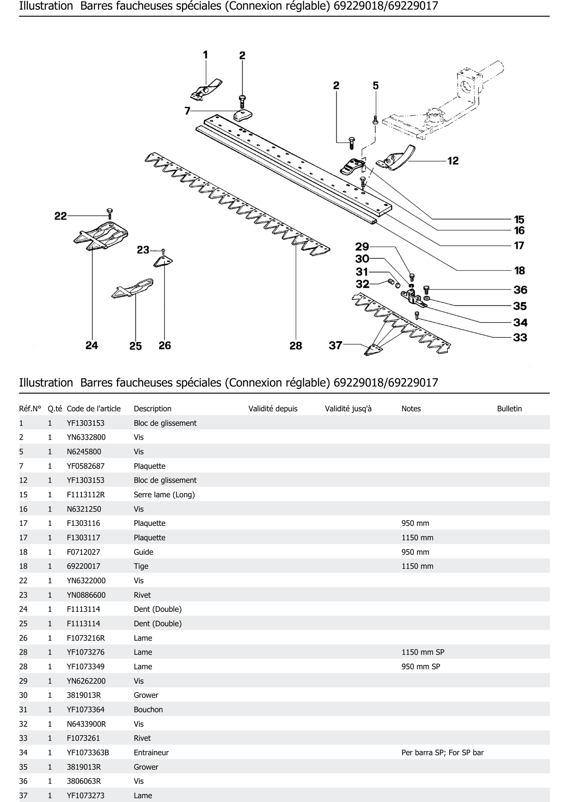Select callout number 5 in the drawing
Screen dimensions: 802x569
(376, 86)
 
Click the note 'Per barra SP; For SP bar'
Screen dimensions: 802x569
(442, 752)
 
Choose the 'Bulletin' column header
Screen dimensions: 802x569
(509, 409)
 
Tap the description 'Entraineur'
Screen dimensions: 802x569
(151, 752)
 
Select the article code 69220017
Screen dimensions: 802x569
(83, 566)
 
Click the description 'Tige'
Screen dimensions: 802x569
(141, 566)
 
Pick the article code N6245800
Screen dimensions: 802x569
(84, 452)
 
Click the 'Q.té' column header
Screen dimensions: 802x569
(55, 409)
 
